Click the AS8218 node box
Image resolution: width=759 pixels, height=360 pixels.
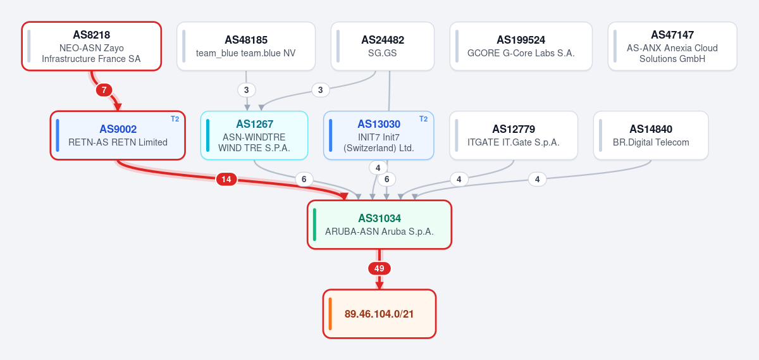click(92, 46)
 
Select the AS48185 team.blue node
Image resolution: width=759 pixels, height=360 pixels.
click(246, 46)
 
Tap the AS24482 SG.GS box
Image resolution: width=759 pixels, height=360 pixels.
click(383, 46)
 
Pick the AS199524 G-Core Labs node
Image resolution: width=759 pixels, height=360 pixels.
click(521, 46)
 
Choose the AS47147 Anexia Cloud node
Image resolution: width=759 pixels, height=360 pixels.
click(672, 46)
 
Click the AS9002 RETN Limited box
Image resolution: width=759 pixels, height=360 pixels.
click(118, 135)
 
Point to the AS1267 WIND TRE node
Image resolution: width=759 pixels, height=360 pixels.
click(254, 135)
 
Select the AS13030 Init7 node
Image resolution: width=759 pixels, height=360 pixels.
click(379, 135)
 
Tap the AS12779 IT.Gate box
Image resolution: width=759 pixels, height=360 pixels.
click(514, 135)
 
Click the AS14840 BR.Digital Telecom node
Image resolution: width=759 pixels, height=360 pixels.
click(651, 135)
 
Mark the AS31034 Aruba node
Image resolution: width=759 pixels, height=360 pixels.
click(379, 225)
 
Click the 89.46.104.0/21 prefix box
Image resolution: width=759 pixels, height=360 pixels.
click(379, 314)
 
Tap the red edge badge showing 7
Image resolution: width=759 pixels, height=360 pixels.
click(104, 90)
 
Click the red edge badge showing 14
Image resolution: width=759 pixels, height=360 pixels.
click(226, 179)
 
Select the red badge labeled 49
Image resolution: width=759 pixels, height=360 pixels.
click(379, 268)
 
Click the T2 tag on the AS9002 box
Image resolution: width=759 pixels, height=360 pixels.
click(175, 119)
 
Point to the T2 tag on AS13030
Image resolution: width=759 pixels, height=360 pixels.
click(424, 119)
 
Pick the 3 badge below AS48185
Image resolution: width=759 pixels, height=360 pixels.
click(246, 90)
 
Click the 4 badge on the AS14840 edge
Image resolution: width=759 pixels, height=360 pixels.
click(537, 179)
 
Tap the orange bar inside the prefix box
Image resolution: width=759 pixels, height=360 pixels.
click(330, 314)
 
